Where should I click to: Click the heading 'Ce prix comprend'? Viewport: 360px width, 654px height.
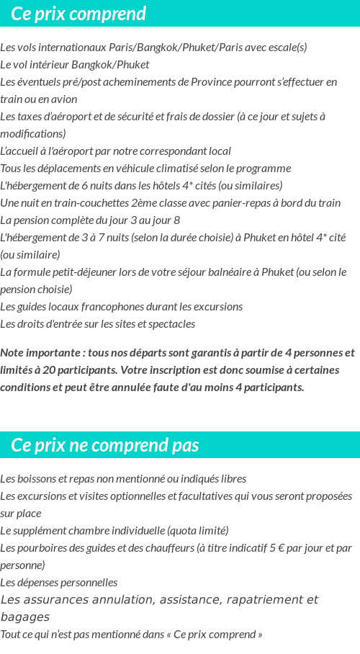tap(78, 14)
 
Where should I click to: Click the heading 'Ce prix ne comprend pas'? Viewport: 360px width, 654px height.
tap(105, 445)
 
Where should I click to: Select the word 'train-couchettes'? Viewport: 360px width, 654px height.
tap(83, 203)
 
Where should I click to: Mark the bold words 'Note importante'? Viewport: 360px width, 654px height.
tap(40, 353)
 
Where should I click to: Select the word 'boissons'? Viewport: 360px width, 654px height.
tap(37, 479)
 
